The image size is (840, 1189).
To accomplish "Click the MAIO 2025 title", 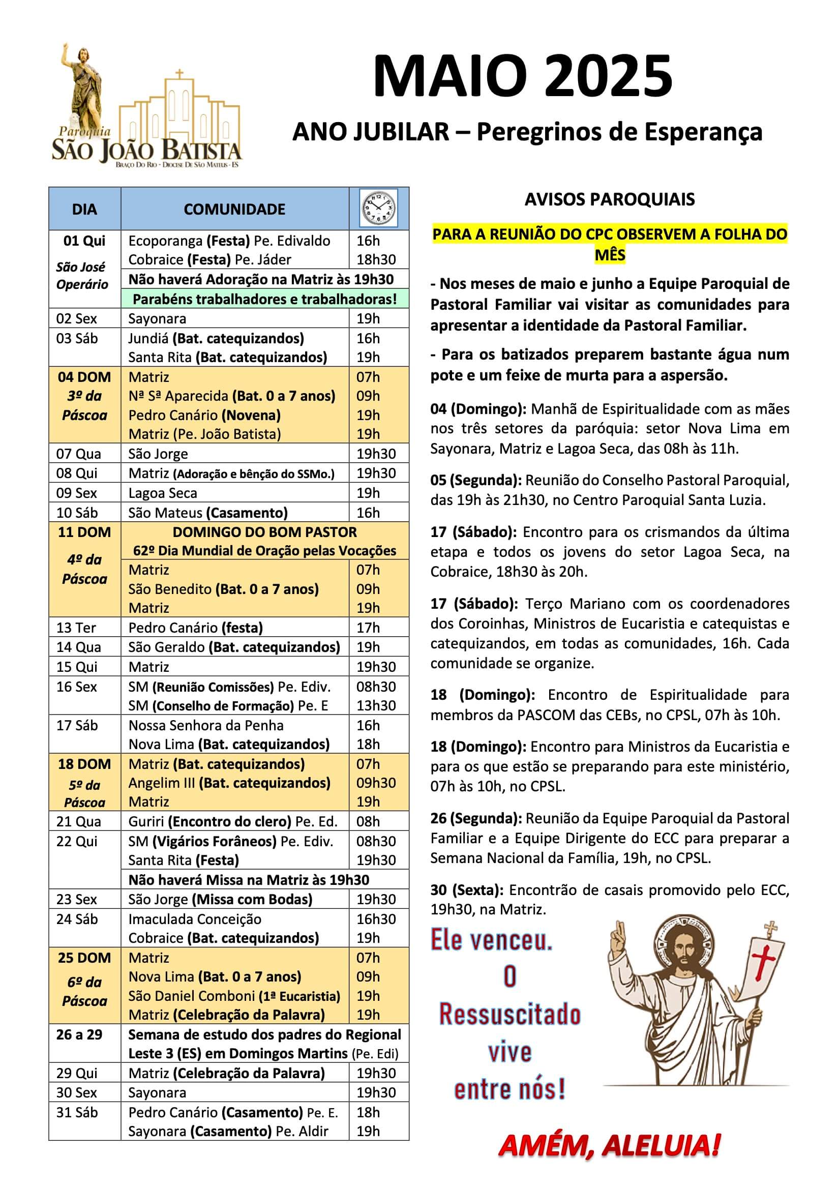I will tap(523, 77).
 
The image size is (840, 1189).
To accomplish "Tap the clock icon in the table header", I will tap(379, 208).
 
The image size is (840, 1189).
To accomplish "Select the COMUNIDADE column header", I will tap(234, 209).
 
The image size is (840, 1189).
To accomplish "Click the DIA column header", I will tap(84, 209).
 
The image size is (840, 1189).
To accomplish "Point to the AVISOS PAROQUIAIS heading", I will tap(610, 199).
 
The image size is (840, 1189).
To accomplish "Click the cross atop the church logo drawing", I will tap(179, 74).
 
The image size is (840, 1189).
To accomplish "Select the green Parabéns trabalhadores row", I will tap(264, 300).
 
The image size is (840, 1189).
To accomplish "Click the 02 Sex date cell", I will tap(77, 318).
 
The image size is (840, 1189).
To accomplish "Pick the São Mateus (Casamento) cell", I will tap(207, 513).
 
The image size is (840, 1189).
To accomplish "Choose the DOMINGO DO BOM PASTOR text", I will tap(264, 532).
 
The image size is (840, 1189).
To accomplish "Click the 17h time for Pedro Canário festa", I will tap(368, 628).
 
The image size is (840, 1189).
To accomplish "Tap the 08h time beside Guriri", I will tap(368, 821).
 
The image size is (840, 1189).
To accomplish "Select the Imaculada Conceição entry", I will tap(195, 919).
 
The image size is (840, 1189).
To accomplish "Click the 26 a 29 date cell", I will tap(79, 1035).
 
